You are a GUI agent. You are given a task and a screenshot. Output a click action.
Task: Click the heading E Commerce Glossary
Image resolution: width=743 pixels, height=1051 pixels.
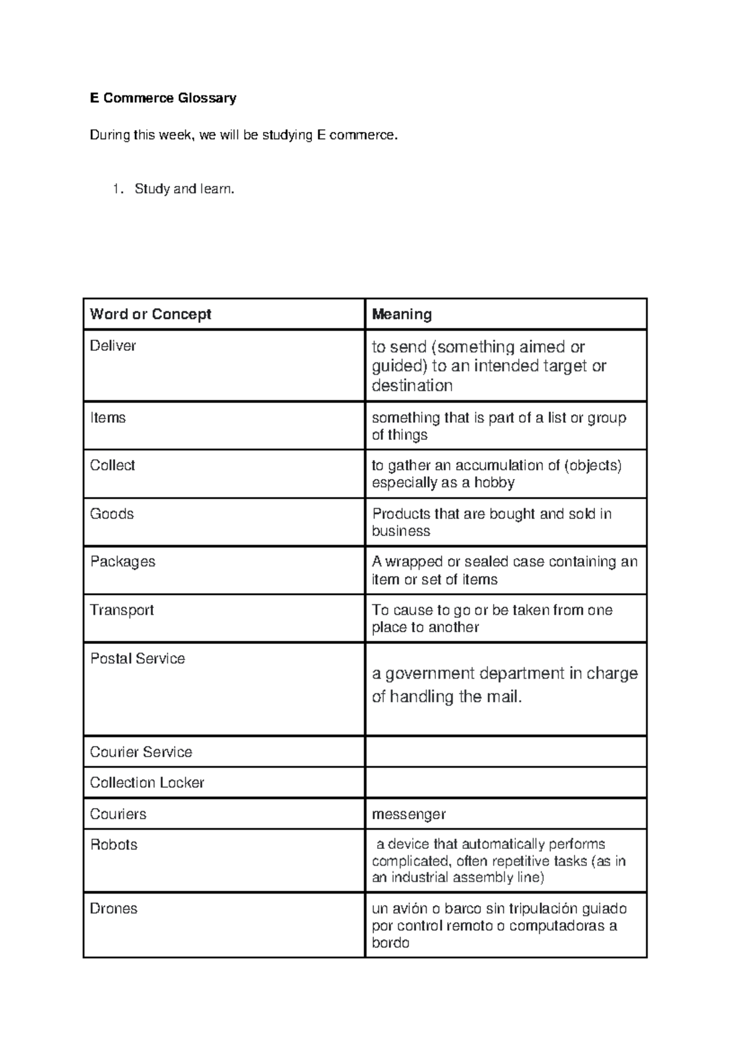point(163,98)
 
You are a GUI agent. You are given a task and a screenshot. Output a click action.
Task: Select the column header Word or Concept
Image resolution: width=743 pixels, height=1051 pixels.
point(150,314)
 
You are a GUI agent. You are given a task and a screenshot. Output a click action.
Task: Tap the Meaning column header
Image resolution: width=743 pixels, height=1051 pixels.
point(401,314)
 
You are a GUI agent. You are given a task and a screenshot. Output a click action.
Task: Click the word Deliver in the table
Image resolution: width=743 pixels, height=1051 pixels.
point(113,346)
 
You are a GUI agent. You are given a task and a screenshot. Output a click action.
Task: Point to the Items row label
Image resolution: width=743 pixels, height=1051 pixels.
point(108,418)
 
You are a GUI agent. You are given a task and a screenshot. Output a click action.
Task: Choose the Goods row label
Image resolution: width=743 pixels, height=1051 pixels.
point(111,514)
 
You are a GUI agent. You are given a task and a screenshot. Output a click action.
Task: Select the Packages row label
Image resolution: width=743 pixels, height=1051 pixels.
point(123,562)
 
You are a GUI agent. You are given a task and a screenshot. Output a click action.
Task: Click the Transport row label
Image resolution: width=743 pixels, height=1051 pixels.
point(122,610)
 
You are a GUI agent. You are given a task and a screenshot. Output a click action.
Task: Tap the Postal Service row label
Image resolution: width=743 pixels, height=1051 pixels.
point(137,658)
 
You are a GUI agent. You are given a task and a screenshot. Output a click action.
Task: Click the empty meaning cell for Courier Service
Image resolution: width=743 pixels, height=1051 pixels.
point(506,752)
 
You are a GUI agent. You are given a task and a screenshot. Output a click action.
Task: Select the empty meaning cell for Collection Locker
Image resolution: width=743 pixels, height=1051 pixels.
point(506,783)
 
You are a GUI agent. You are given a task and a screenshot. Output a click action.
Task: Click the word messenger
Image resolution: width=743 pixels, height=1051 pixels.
point(409,814)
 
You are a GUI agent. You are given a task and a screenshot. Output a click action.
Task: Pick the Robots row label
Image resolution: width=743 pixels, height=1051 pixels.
point(113,845)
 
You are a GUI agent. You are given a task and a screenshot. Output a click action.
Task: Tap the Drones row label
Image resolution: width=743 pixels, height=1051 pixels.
point(113,908)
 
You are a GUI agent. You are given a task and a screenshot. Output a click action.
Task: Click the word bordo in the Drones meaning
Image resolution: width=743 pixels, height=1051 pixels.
point(390,943)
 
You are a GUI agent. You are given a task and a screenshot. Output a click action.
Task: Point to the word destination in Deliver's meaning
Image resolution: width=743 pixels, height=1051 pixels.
point(412,386)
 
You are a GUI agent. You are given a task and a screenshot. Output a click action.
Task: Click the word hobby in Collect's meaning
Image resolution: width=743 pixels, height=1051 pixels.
point(493,483)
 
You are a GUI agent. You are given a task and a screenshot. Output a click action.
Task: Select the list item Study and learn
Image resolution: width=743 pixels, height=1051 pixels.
point(184,189)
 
